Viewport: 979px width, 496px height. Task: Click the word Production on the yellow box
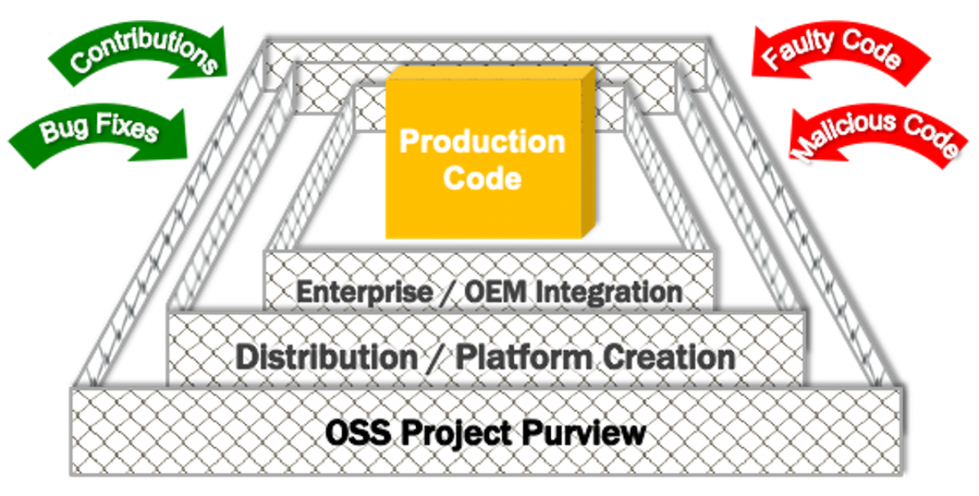point(483,142)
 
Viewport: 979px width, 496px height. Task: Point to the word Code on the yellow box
point(483,178)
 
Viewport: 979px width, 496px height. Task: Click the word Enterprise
point(365,293)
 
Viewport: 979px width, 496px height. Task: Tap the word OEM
point(495,292)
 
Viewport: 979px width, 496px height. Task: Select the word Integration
point(609,293)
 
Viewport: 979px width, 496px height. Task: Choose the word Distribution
point(327,357)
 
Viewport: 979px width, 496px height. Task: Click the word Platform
point(524,357)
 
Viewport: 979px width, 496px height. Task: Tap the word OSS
point(358,433)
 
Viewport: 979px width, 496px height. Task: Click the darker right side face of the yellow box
point(588,152)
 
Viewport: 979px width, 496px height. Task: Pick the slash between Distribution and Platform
point(437,358)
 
